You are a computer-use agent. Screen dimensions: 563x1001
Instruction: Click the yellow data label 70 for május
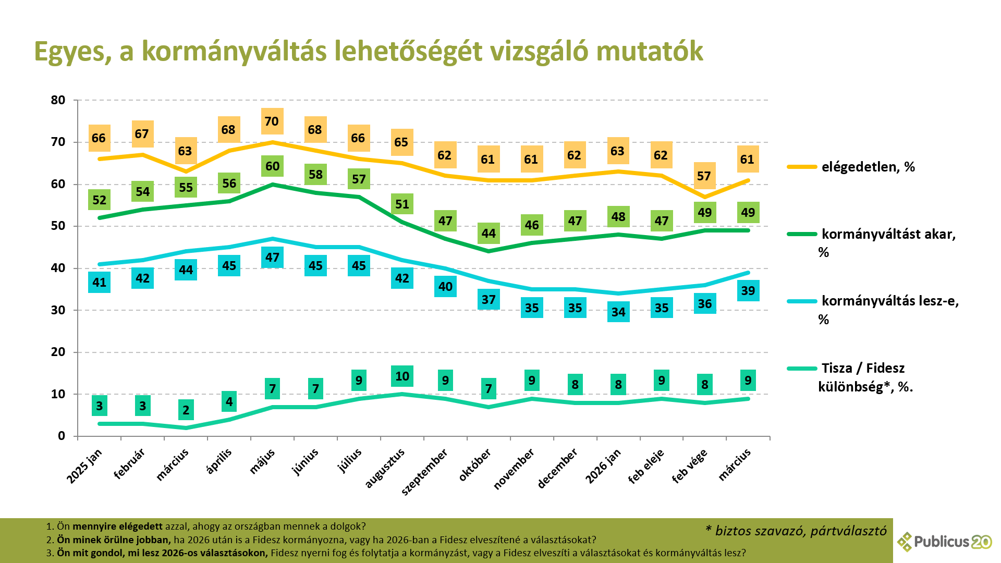(272, 121)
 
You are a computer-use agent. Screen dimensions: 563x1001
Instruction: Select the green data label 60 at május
(272, 166)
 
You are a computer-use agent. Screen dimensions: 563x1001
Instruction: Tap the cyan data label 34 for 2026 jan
(618, 312)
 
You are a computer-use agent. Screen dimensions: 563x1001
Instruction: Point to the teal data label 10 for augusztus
(402, 376)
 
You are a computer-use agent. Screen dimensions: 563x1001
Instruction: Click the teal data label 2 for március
(186, 410)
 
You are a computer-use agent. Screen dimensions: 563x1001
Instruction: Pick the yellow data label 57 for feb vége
(704, 176)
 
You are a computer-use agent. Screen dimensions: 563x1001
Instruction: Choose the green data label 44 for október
(489, 234)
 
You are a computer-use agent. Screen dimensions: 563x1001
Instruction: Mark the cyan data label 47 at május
(272, 258)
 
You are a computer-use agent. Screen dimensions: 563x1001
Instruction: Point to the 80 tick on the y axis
(58, 100)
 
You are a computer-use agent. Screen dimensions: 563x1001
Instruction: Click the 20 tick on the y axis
(58, 352)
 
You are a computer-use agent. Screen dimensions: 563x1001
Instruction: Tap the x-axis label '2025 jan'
(85, 466)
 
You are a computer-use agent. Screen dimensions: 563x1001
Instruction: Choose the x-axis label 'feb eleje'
(646, 466)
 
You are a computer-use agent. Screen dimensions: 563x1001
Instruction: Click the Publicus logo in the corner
(944, 542)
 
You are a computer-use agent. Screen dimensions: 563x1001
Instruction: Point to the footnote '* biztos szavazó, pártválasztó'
(796, 531)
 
